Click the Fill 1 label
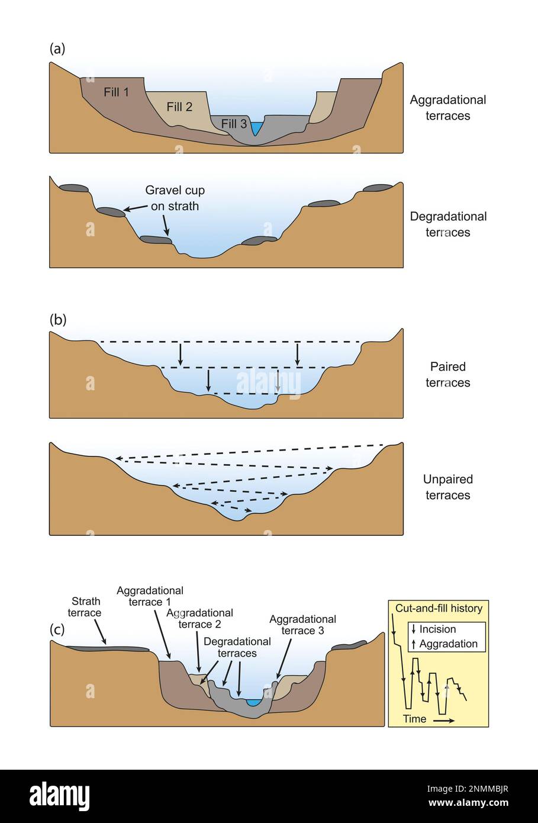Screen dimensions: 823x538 (116, 92)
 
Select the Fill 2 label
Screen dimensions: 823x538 (179, 107)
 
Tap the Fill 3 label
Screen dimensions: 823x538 (234, 124)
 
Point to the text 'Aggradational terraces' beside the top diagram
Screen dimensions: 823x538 (447, 108)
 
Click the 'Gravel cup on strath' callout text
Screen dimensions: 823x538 (175, 198)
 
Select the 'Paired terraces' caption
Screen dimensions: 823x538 (447, 375)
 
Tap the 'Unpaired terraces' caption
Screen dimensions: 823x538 (447, 487)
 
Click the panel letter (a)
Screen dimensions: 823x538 (57, 49)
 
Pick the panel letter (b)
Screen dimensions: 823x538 (57, 320)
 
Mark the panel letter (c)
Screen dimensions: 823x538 (57, 629)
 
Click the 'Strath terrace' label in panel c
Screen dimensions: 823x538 (84, 607)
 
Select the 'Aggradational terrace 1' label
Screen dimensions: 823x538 (150, 596)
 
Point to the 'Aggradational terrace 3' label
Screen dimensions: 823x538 (302, 625)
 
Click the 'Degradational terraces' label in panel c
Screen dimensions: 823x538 (237, 647)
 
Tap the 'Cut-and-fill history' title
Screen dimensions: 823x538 (439, 609)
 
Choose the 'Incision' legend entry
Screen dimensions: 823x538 (437, 629)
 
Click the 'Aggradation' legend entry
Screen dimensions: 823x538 (447, 644)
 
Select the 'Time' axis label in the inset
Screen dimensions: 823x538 (414, 719)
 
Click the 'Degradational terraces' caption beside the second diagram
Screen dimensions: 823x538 (447, 224)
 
